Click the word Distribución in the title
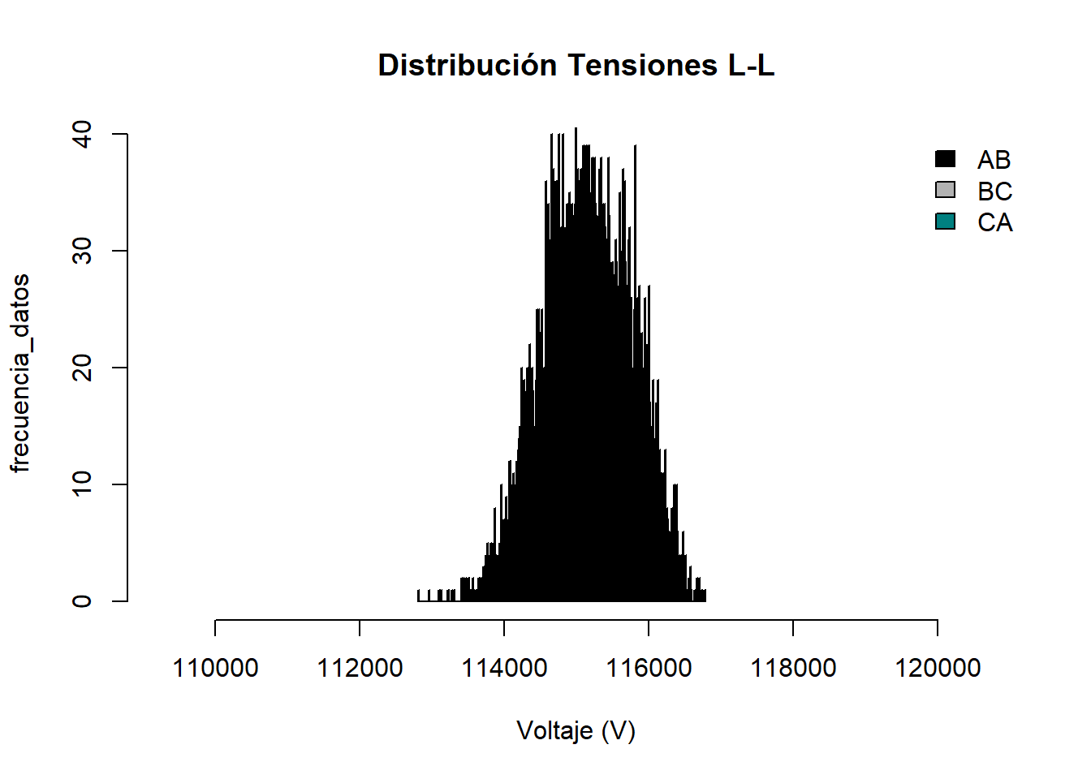(x=468, y=65)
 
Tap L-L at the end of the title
(x=751, y=65)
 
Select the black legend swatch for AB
(x=946, y=159)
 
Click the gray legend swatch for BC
(x=946, y=190)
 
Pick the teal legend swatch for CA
(x=946, y=222)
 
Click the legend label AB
(x=994, y=160)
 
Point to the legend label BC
(x=994, y=192)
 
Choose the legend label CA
(x=994, y=222)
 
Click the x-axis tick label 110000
(x=215, y=668)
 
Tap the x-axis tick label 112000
(x=360, y=668)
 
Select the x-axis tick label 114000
(x=504, y=668)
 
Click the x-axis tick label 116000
(x=649, y=668)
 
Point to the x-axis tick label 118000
(x=793, y=668)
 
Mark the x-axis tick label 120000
(x=938, y=668)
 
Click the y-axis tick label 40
(x=83, y=134)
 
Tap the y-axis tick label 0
(x=83, y=601)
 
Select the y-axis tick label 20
(x=83, y=368)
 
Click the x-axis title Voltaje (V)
(x=576, y=731)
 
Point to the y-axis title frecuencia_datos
(x=19, y=372)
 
